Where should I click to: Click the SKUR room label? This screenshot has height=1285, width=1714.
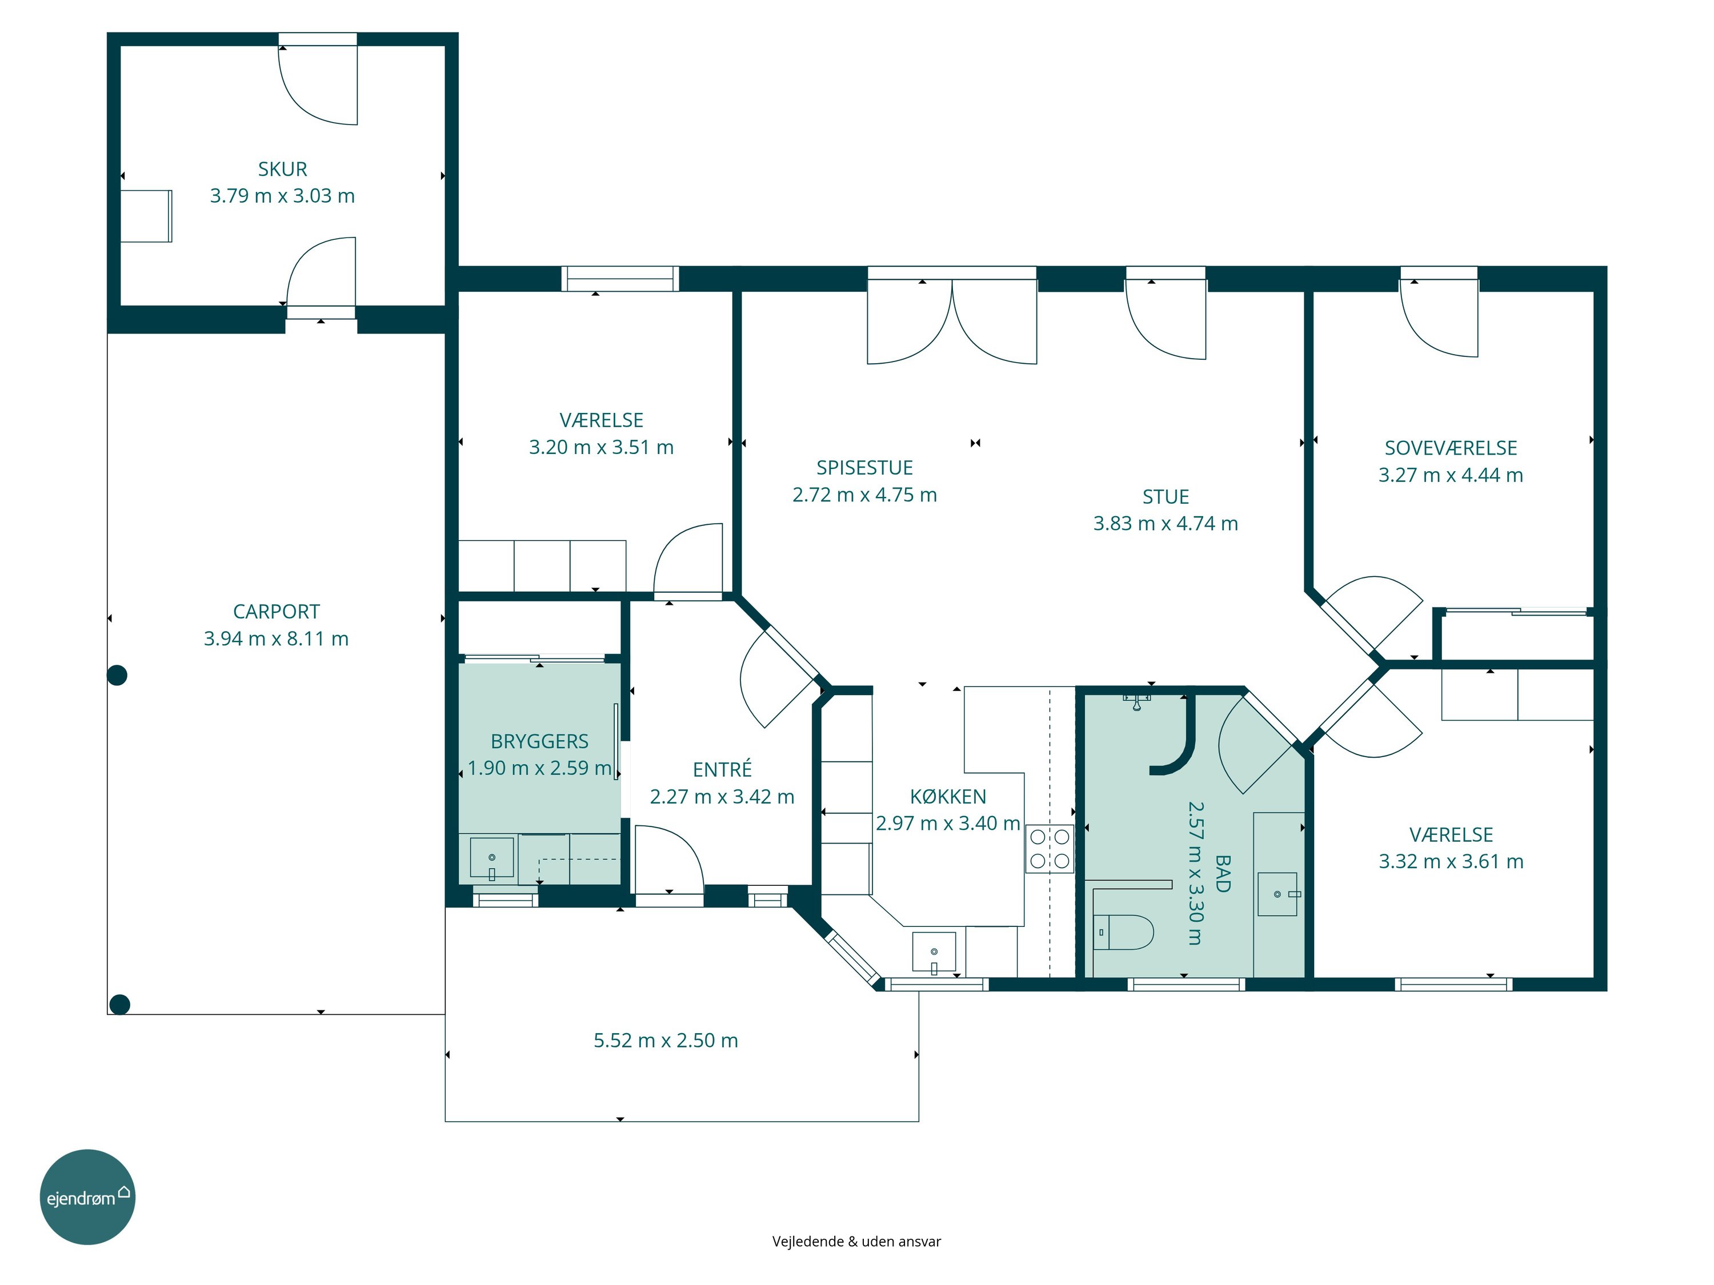(282, 169)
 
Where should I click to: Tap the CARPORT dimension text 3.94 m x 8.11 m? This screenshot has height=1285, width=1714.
(276, 639)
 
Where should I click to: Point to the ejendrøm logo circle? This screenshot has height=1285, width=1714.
(87, 1196)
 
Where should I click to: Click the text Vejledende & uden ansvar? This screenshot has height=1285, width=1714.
(856, 1242)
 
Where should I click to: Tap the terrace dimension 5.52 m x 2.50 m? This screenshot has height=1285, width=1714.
(666, 1040)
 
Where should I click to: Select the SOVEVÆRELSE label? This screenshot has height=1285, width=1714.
(1451, 448)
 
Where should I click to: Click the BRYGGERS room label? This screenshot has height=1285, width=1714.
(539, 741)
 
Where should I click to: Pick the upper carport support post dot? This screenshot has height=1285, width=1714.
(117, 676)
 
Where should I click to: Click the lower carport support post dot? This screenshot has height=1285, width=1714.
(119, 1005)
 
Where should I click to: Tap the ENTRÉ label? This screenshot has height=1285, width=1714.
(722, 769)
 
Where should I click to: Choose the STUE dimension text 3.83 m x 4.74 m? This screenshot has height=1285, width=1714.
(1166, 524)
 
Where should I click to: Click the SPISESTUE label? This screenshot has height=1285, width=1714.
(865, 468)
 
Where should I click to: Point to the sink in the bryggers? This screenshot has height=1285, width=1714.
(491, 858)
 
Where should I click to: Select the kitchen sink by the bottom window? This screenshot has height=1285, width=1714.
(934, 952)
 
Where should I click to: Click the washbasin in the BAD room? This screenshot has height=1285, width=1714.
(1278, 894)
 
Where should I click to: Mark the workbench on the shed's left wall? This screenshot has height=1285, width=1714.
(146, 216)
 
